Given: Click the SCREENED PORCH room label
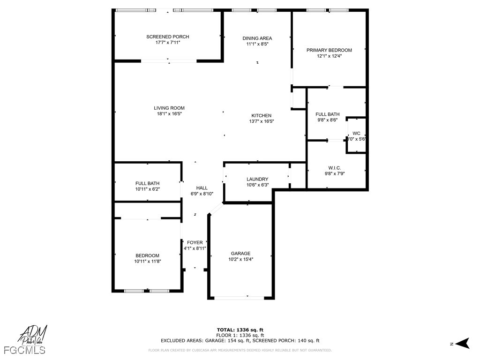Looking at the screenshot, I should (167, 37).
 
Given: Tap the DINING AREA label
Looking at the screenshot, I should (257, 38).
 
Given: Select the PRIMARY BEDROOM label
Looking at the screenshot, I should (329, 50).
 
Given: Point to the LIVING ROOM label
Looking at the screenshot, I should (169, 108).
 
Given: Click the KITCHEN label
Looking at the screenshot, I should (261, 116).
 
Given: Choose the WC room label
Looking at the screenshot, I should (356, 133).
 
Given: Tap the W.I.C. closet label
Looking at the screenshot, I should (334, 168).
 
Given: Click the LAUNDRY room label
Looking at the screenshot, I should (257, 179).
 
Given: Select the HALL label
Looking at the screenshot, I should (202, 188).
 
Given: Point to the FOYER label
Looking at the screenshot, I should (195, 243).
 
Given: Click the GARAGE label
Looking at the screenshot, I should (240, 254).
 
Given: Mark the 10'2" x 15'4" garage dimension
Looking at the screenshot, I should (240, 259).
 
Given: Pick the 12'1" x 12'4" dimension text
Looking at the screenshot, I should (329, 56).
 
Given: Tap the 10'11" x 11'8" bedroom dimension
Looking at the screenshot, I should (148, 261).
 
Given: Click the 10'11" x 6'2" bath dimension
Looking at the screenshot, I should (147, 189).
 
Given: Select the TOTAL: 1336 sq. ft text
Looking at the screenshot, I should (240, 330).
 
